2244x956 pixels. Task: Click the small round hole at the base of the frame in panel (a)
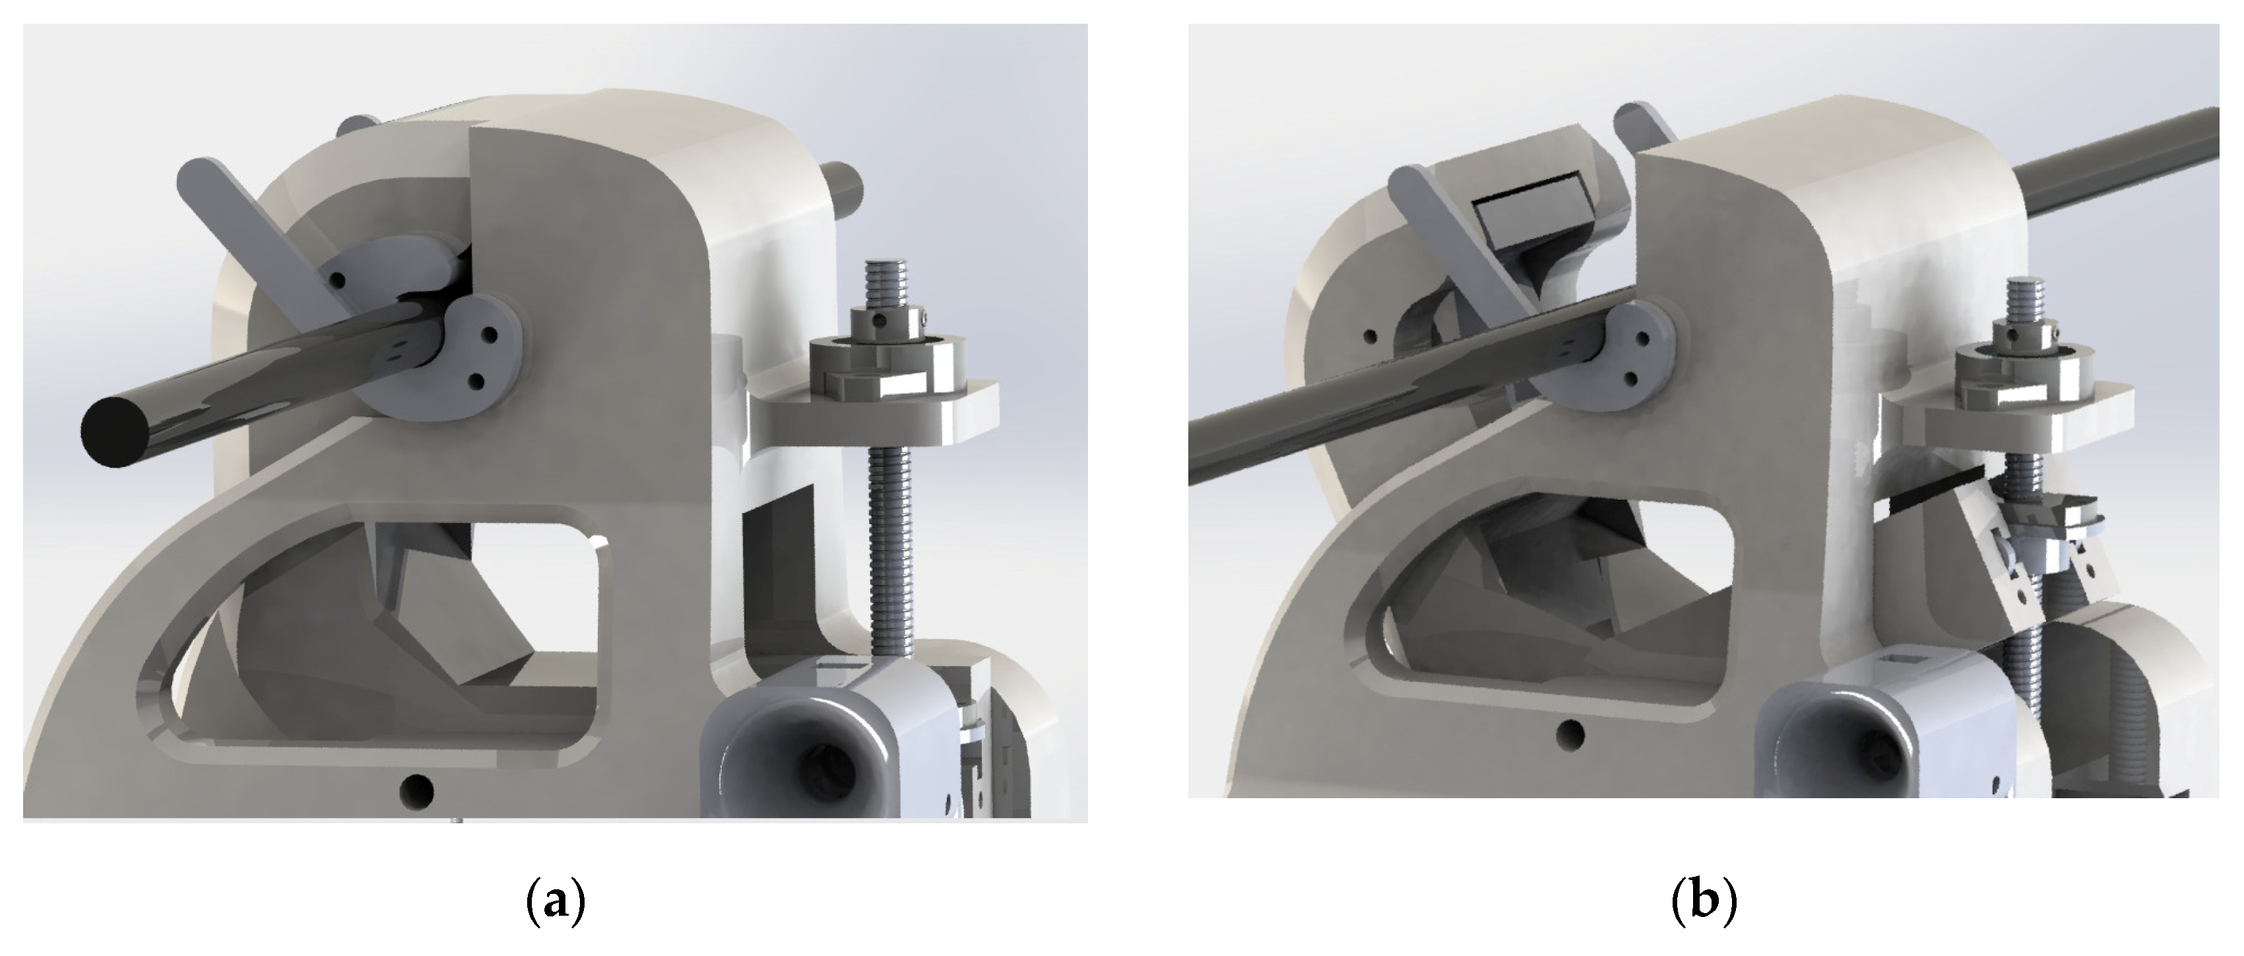coord(416,790)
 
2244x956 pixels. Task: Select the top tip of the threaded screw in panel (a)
coord(886,261)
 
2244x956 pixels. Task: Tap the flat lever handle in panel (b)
coord(1463,240)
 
